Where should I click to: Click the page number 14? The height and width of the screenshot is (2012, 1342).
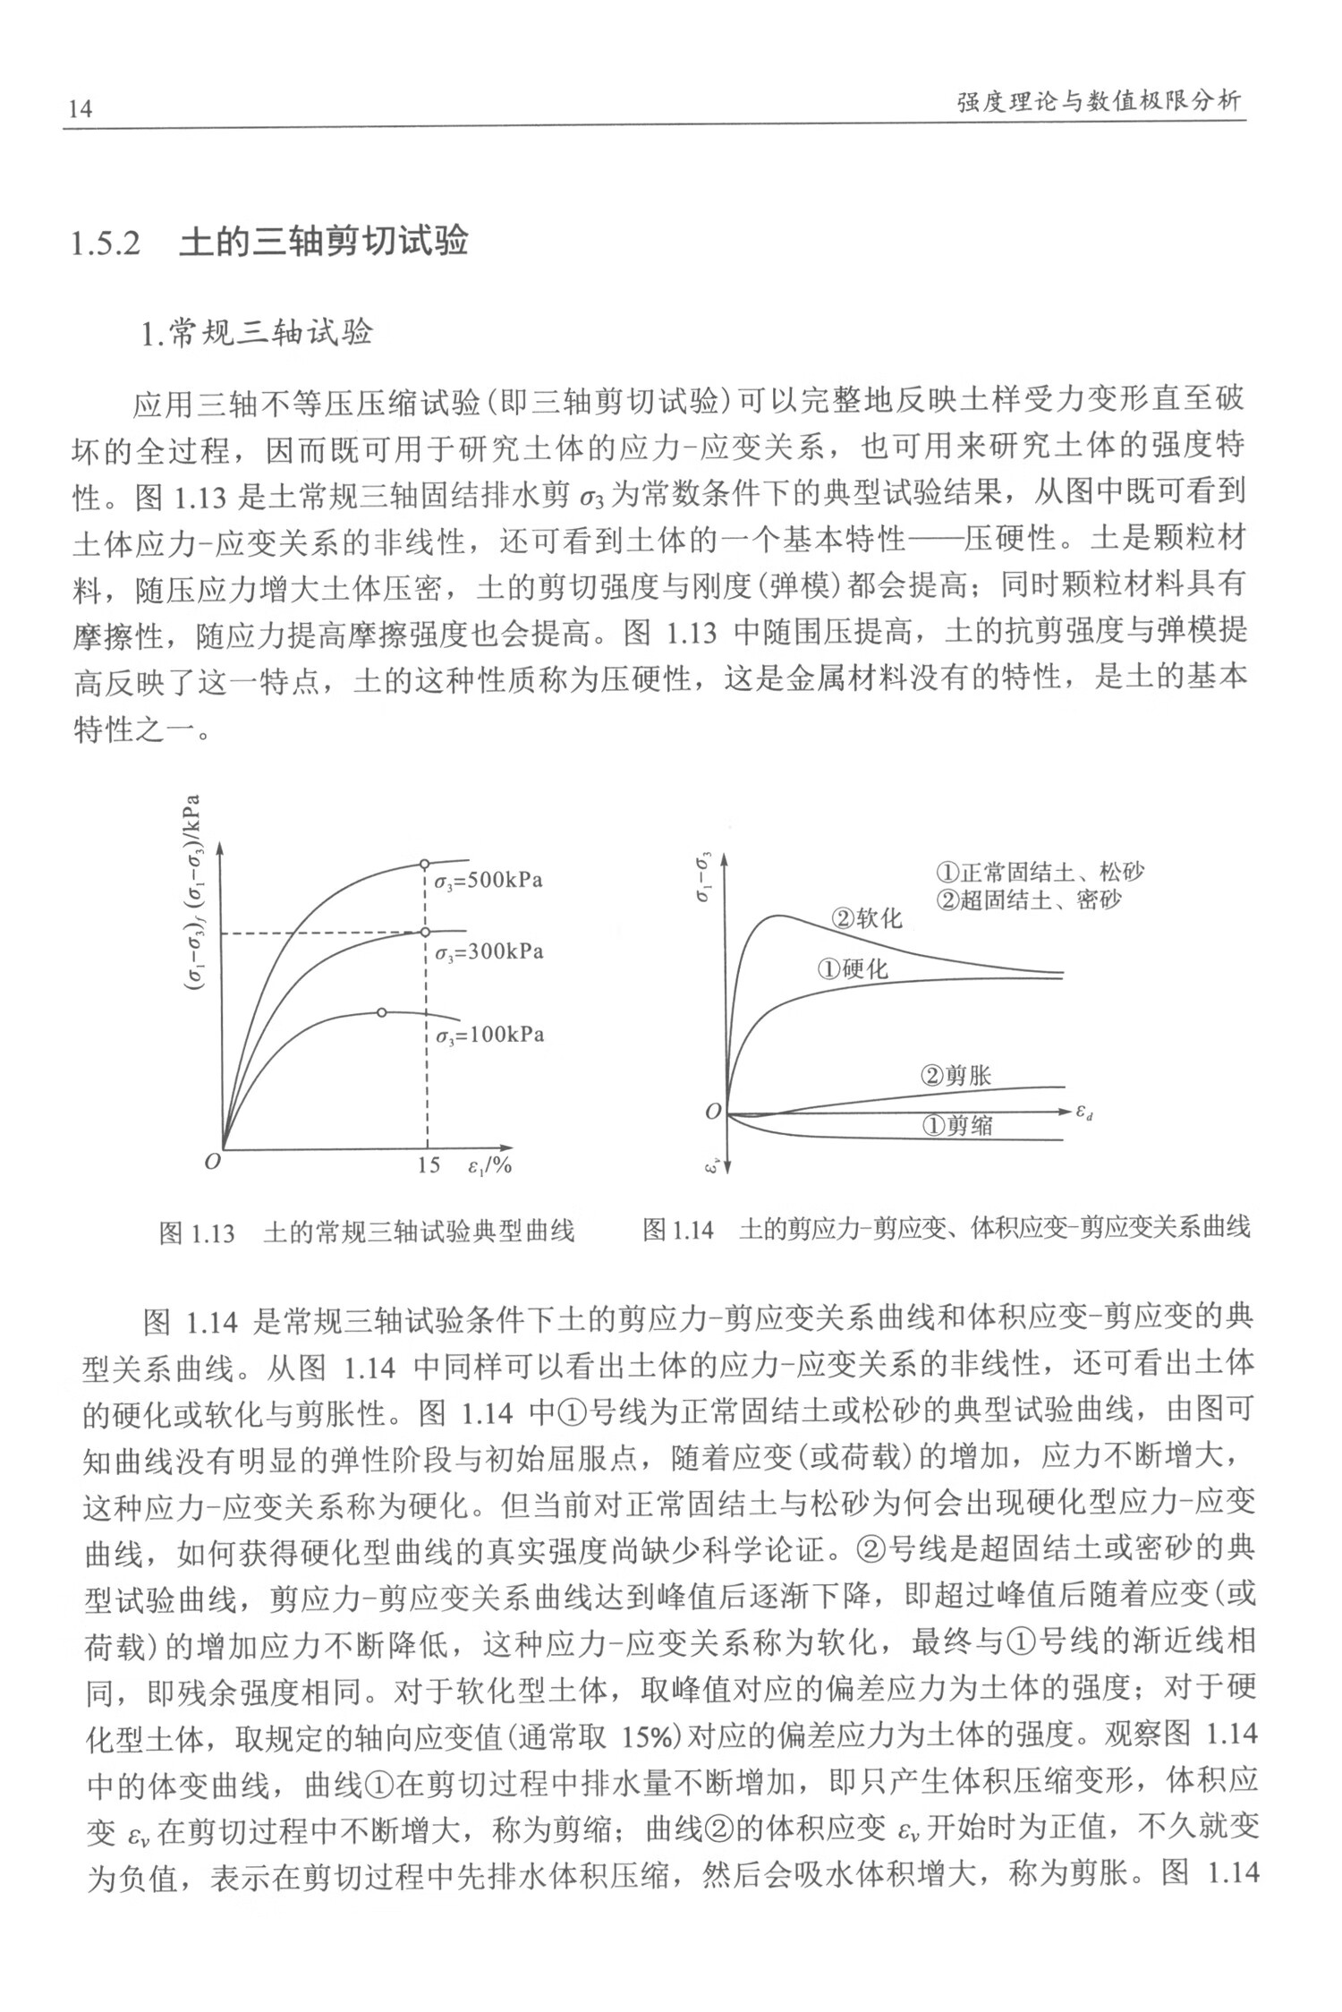coord(80,109)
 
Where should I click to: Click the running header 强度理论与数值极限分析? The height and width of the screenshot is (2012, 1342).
coord(1100,101)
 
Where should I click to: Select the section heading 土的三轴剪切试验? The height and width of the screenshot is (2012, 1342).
coord(324,243)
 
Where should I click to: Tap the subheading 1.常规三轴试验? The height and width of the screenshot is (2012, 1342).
coord(256,334)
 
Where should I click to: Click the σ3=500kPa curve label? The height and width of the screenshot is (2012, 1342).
coord(488,881)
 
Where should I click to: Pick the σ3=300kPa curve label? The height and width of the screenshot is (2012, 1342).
coord(488,951)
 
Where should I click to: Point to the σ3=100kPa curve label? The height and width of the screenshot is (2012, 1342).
coord(489,1036)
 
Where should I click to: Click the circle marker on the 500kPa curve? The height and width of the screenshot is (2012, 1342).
coord(425,864)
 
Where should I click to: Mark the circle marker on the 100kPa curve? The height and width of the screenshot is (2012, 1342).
coord(382,1012)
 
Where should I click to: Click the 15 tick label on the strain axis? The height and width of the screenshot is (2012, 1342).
coord(429,1165)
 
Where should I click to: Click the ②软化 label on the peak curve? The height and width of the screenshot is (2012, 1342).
coord(867,918)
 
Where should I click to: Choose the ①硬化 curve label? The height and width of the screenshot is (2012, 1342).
coord(853,969)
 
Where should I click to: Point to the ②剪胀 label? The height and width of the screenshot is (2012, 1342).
coord(956,1075)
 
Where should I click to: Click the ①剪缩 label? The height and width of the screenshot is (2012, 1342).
coord(957,1125)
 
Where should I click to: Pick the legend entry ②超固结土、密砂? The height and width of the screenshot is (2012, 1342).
coord(1029,899)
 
